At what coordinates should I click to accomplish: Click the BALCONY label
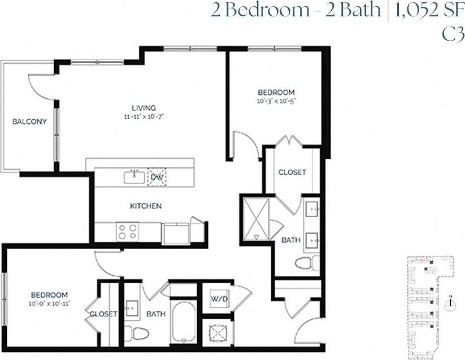click(29, 122)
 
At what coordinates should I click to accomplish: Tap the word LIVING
click(144, 108)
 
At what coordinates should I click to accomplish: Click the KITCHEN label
click(146, 206)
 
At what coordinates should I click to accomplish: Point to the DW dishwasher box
click(157, 177)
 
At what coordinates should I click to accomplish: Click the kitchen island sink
click(134, 177)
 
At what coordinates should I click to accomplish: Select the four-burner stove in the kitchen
click(127, 232)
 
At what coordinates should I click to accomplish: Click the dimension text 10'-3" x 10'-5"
click(276, 102)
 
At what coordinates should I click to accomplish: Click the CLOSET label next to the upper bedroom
click(292, 172)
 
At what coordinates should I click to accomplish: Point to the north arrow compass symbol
click(450, 304)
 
